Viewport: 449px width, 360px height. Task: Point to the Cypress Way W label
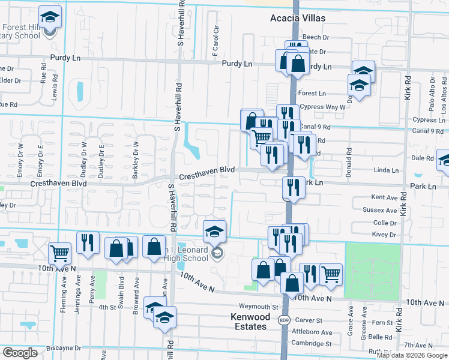click(x=323, y=107)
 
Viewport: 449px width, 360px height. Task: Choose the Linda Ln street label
click(x=386, y=170)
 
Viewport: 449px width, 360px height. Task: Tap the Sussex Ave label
click(x=380, y=211)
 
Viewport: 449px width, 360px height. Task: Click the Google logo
click(x=20, y=353)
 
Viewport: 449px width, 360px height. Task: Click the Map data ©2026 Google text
click(x=411, y=355)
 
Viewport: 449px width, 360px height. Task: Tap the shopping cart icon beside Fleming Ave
click(x=59, y=253)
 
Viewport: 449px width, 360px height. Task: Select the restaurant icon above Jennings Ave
click(x=88, y=242)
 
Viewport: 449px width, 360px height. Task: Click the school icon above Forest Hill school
click(x=50, y=16)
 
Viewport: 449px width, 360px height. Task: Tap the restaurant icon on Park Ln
click(x=294, y=187)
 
